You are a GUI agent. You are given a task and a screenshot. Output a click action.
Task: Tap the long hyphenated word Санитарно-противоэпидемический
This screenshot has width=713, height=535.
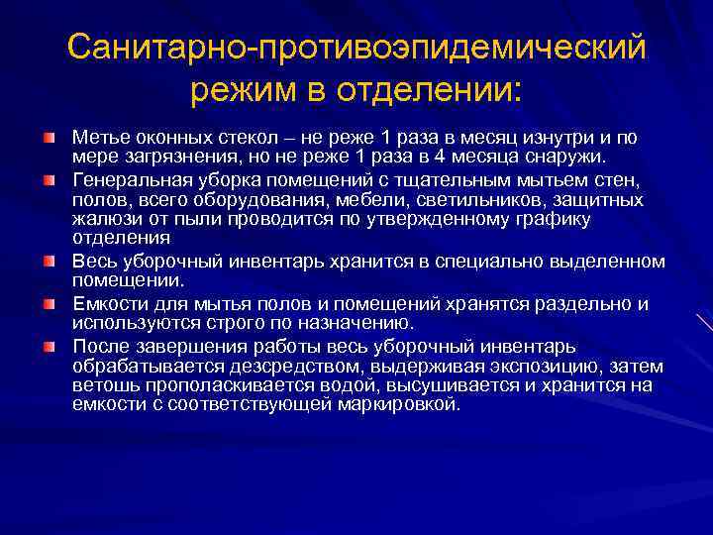click(x=356, y=47)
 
